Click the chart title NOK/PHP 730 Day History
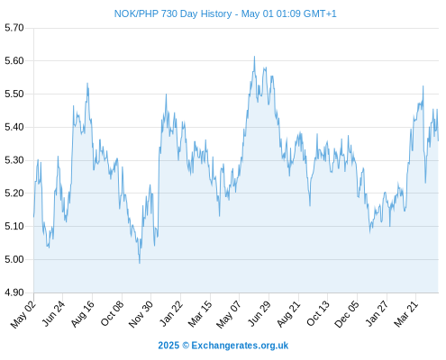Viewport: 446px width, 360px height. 173,13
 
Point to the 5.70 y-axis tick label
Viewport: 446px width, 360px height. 14,28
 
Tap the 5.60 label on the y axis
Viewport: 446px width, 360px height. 14,61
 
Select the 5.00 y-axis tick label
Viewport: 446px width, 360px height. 14,259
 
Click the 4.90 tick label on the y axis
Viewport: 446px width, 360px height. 14,292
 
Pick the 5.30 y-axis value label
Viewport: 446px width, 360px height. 14,160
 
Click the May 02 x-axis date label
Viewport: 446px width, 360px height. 23,314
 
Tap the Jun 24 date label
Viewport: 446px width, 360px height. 53,313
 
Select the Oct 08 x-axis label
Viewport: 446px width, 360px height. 112,313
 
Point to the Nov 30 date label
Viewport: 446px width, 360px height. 141,314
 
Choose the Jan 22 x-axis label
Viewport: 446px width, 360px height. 171,313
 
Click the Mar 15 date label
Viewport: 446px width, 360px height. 200,314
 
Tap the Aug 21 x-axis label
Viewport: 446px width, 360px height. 288,314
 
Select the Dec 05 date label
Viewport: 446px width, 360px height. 347,314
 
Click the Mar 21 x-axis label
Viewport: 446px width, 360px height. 406,314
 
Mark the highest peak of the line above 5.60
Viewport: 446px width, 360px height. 254,57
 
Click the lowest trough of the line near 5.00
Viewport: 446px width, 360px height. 140,263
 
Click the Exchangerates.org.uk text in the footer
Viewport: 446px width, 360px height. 240,346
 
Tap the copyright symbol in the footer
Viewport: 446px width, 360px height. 186,346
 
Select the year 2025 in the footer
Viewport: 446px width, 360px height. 168,346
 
